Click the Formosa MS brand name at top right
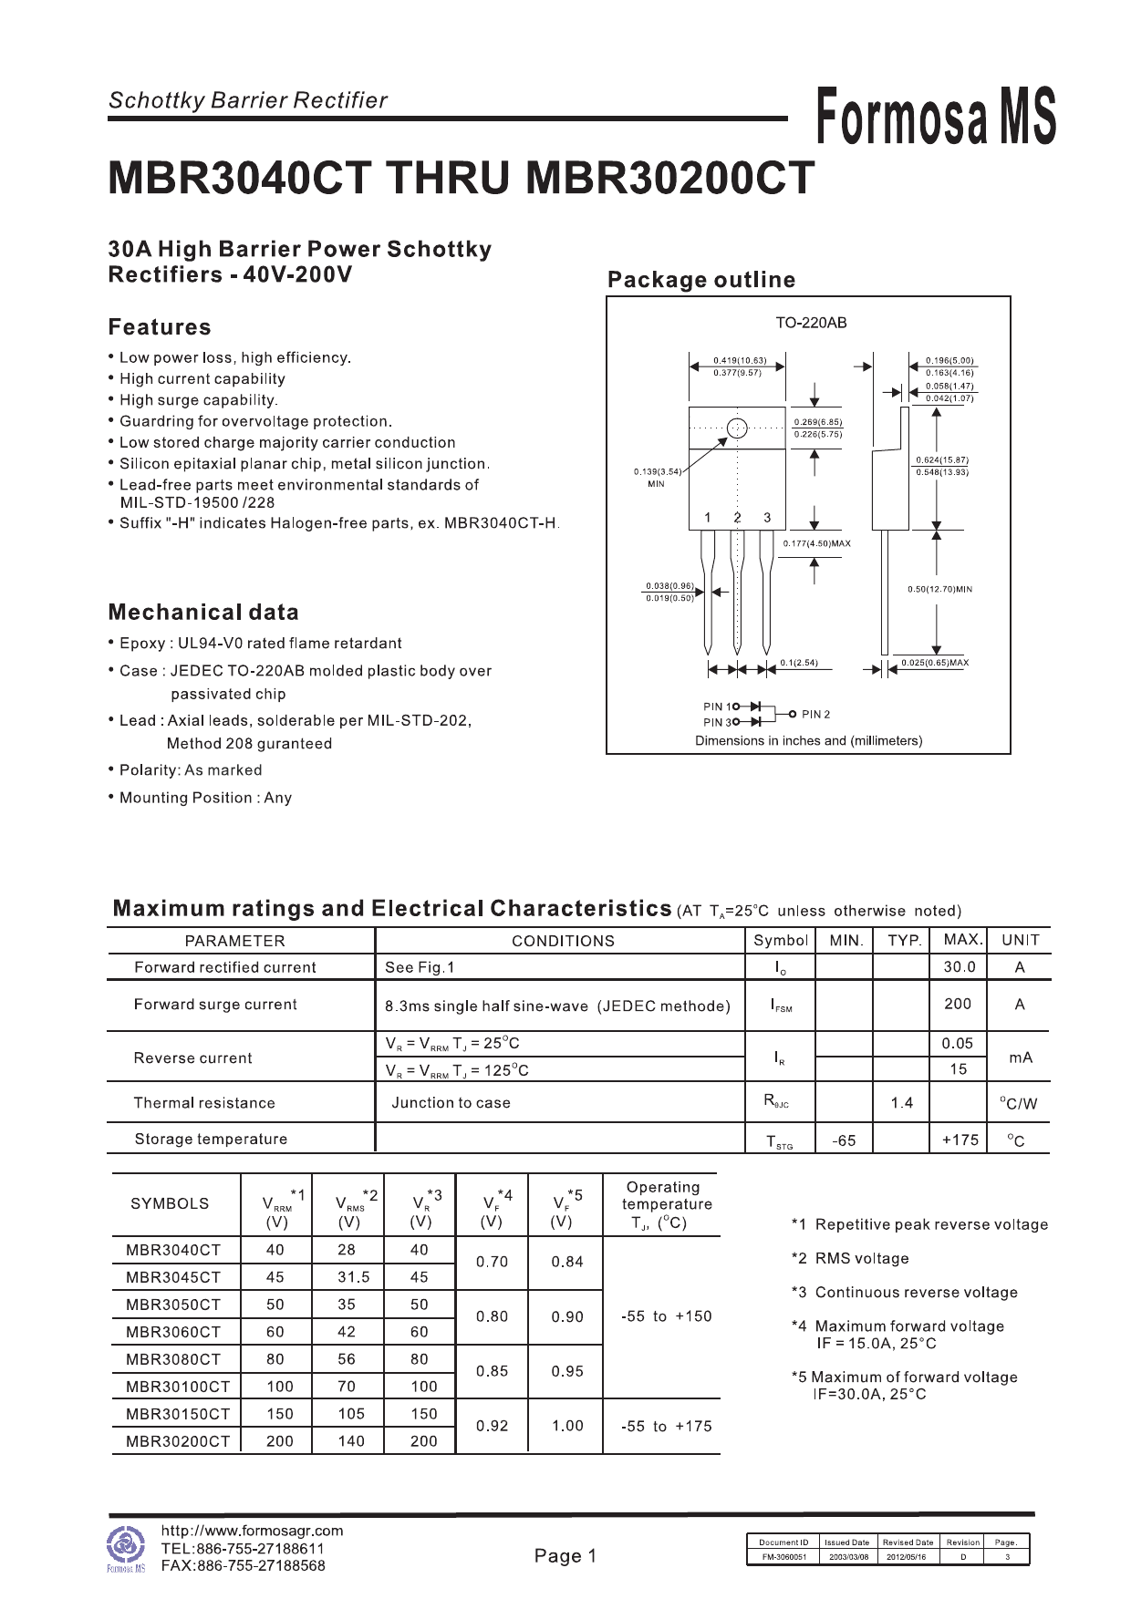935,117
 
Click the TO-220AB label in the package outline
811,323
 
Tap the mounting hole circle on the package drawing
737,428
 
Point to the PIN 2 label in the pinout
815,715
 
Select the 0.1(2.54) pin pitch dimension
799,663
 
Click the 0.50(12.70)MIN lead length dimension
939,590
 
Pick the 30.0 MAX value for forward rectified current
960,967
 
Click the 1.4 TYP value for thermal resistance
902,1103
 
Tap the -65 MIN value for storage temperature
844,1140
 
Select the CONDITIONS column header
563,941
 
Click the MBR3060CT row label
173,1332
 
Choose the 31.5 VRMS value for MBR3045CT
354,1277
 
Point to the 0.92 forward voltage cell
492,1426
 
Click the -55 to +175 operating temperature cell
666,1426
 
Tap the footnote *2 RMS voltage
850,1259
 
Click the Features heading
160,327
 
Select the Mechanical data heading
203,613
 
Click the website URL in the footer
252,1531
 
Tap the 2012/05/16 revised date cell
906,1557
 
